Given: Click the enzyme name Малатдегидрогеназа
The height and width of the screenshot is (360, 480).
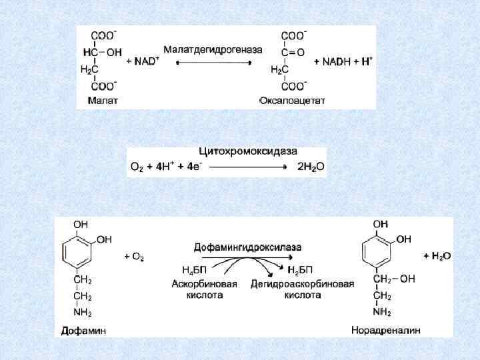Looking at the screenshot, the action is (x=213, y=50).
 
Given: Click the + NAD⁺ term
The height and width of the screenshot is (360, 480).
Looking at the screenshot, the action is (x=142, y=61).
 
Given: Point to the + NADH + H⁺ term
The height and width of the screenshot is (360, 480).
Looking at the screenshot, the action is (x=343, y=61).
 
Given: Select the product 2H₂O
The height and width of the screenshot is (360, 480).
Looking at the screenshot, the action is (x=311, y=167).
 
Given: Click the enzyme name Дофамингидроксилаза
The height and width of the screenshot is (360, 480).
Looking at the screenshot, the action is (x=247, y=247).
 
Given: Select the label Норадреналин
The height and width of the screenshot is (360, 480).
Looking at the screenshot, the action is (x=386, y=330).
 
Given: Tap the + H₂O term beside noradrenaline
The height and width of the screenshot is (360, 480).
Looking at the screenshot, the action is (x=437, y=255).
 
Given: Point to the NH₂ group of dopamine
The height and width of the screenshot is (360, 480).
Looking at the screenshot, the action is (x=83, y=312).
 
